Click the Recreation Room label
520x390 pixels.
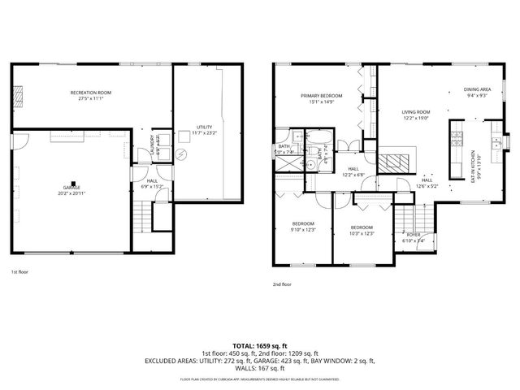[90, 93]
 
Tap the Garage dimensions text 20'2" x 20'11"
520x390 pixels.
[73, 194]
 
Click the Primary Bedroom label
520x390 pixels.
[321, 96]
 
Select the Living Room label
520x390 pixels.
[416, 112]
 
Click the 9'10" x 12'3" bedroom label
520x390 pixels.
[303, 223]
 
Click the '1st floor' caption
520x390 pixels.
[19, 272]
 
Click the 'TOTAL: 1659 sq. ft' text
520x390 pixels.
[259, 344]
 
